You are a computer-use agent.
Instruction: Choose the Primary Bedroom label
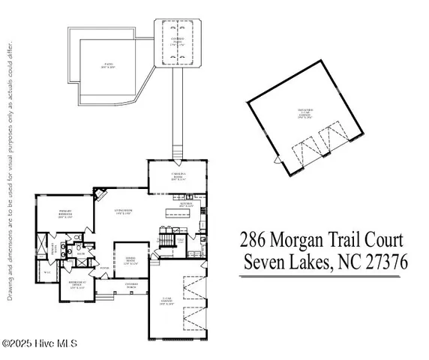[65, 216]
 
